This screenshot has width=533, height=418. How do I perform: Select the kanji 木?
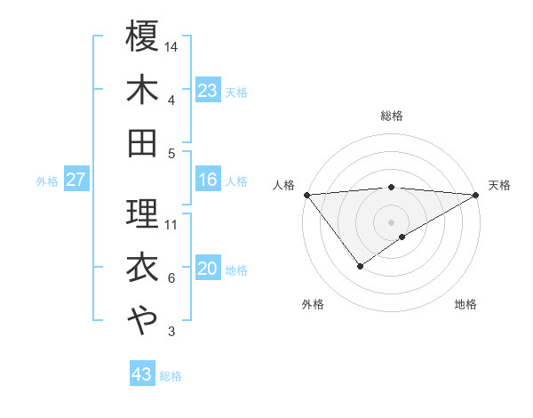pyautogui.click(x=142, y=90)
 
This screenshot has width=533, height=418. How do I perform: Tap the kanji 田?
pyautogui.click(x=142, y=143)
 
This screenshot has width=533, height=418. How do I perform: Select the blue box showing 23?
pyautogui.click(x=207, y=91)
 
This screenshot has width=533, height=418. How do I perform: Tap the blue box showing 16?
pyautogui.click(x=207, y=181)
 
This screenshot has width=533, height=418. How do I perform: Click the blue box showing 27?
pyautogui.click(x=76, y=181)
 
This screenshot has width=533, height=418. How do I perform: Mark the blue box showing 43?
pyautogui.click(x=142, y=375)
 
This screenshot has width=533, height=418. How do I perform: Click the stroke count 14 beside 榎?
pyautogui.click(x=171, y=45)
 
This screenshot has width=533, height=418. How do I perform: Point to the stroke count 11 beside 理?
pyautogui.click(x=171, y=224)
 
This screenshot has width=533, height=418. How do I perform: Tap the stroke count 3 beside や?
pyautogui.click(x=171, y=333)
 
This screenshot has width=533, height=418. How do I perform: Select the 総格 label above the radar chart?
pyautogui.click(x=392, y=116)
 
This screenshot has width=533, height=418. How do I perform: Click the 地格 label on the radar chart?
pyautogui.click(x=465, y=305)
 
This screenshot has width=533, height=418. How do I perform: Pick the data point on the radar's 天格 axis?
pyautogui.click(x=477, y=195)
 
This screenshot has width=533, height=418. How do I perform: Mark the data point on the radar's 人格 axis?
pyautogui.click(x=306, y=195)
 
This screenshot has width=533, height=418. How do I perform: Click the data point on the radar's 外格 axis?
pyautogui.click(x=360, y=265)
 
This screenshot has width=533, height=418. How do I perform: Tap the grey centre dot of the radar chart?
pyautogui.click(x=392, y=221)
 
